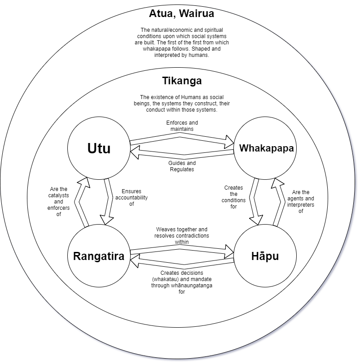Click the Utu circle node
[98, 148]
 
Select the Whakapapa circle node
[266, 148]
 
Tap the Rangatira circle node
[99, 256]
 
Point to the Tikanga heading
[181, 81]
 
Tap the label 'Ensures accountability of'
[131, 197]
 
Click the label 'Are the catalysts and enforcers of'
[58, 202]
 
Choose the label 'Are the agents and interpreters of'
[301, 202]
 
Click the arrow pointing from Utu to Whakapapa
[182, 139]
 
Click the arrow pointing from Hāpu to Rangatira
[182, 263]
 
